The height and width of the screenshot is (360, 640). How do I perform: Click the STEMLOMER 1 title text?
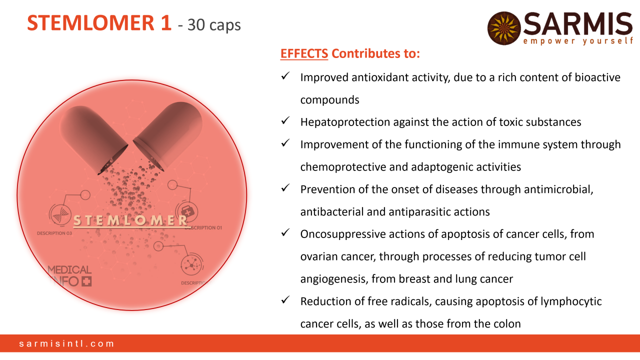[99, 23]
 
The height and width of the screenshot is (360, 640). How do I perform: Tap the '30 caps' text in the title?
[214, 25]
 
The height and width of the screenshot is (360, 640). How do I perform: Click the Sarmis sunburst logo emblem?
[504, 28]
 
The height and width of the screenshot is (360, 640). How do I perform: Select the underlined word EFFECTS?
[304, 53]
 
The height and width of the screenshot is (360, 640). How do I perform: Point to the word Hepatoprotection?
[345, 122]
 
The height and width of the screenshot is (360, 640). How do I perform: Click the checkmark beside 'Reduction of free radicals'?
[285, 299]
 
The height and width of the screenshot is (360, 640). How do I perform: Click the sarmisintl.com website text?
[66, 343]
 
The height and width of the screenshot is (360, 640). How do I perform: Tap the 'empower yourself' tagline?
[578, 41]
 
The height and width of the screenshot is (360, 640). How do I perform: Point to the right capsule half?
[168, 135]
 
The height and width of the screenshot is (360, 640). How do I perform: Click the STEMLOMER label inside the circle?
[130, 220]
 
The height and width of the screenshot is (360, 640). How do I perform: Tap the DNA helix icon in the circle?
[60, 215]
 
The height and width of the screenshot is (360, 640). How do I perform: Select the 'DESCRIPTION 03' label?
[54, 233]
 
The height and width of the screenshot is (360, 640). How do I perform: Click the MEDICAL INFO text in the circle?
[69, 276]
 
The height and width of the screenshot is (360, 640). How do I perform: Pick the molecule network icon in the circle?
[192, 265]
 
